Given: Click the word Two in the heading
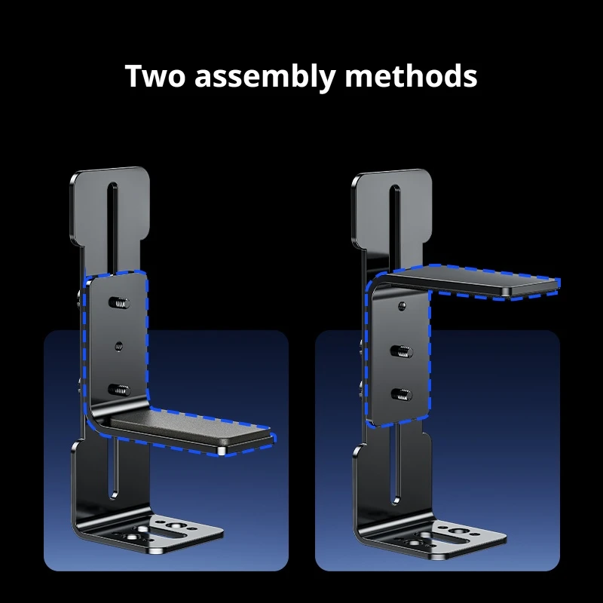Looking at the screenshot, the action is [155, 76].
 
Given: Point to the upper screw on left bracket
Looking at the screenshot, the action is [119, 303].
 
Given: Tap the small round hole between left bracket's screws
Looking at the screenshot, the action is [119, 347].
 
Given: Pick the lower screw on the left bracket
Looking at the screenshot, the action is [119, 390].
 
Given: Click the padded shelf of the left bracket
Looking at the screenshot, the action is [191, 430].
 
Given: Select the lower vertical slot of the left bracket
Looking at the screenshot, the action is [114, 468].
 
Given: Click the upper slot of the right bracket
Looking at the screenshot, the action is [395, 227].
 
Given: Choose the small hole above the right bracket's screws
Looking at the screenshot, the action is [402, 306].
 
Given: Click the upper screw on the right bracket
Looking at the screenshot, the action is [402, 351].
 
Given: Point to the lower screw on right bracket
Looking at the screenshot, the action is [402, 394].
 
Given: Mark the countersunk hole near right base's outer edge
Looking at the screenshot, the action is [460, 531].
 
